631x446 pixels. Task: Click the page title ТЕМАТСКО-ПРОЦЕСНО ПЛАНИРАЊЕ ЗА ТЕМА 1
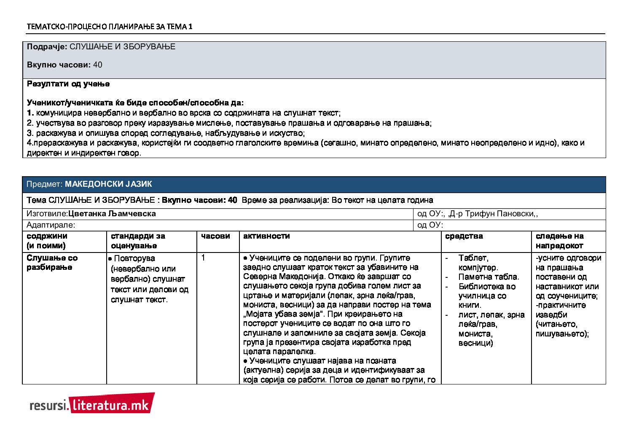(110, 27)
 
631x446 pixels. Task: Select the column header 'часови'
(215, 236)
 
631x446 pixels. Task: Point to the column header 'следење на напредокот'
(560, 241)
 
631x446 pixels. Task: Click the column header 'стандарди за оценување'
(138, 241)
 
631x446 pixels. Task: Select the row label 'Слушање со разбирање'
(52, 262)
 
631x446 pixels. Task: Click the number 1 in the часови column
(203, 258)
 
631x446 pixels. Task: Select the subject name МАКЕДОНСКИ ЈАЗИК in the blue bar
(108, 184)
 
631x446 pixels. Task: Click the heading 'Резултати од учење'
(68, 84)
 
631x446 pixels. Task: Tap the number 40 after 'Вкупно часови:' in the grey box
(97, 65)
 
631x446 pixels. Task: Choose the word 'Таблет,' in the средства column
(473, 258)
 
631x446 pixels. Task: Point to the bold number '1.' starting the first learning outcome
(30, 113)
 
